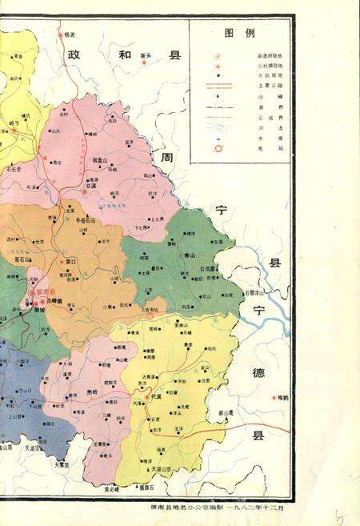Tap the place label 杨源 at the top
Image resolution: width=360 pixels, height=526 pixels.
pos(70,34)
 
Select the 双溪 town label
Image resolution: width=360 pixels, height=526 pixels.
pos(93,185)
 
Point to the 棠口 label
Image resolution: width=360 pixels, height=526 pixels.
pos(70,261)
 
